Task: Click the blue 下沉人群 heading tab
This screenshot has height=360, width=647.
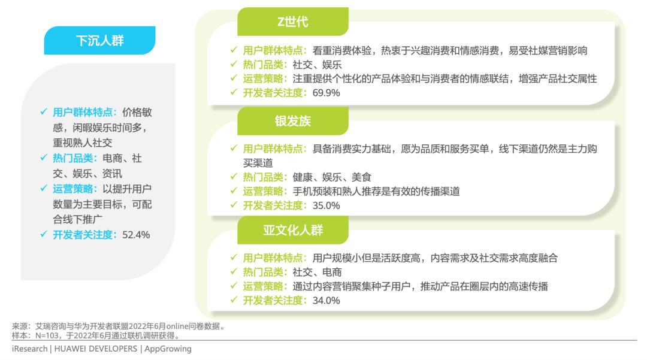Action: click(x=99, y=41)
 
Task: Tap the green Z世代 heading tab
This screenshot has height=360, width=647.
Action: click(x=292, y=22)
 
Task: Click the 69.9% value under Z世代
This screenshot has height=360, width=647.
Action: click(x=326, y=92)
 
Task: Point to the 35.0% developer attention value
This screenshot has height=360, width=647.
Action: click(x=326, y=205)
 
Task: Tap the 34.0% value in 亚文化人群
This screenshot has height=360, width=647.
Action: click(x=326, y=300)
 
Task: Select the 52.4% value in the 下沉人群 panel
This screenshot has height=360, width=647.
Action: click(x=136, y=234)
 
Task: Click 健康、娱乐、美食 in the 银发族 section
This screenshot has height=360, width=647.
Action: click(x=332, y=177)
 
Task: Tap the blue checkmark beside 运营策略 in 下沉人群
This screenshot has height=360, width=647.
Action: click(x=44, y=189)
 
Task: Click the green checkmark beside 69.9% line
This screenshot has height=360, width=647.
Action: click(x=234, y=92)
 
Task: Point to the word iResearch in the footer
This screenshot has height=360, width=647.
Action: click(x=29, y=349)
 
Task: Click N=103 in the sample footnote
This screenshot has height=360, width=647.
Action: click(x=47, y=335)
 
